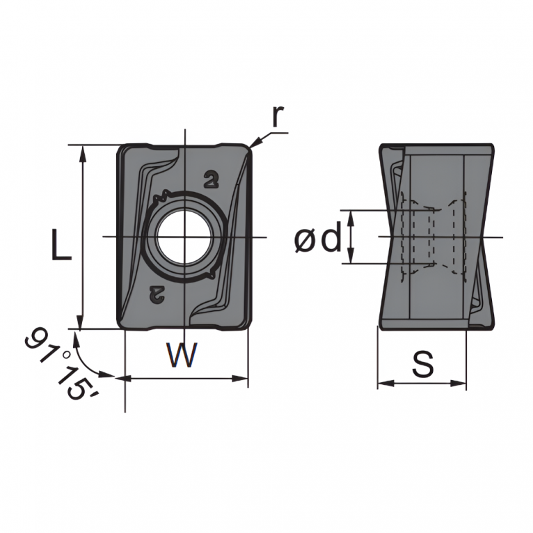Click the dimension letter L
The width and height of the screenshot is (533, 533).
61,244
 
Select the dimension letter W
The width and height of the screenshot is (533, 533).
182,355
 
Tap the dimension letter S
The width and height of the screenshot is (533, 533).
423,364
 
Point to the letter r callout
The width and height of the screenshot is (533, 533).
278,116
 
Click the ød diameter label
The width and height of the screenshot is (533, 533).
317,237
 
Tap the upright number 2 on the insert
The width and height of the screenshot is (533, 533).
211,180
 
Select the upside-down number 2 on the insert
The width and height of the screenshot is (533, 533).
157,294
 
